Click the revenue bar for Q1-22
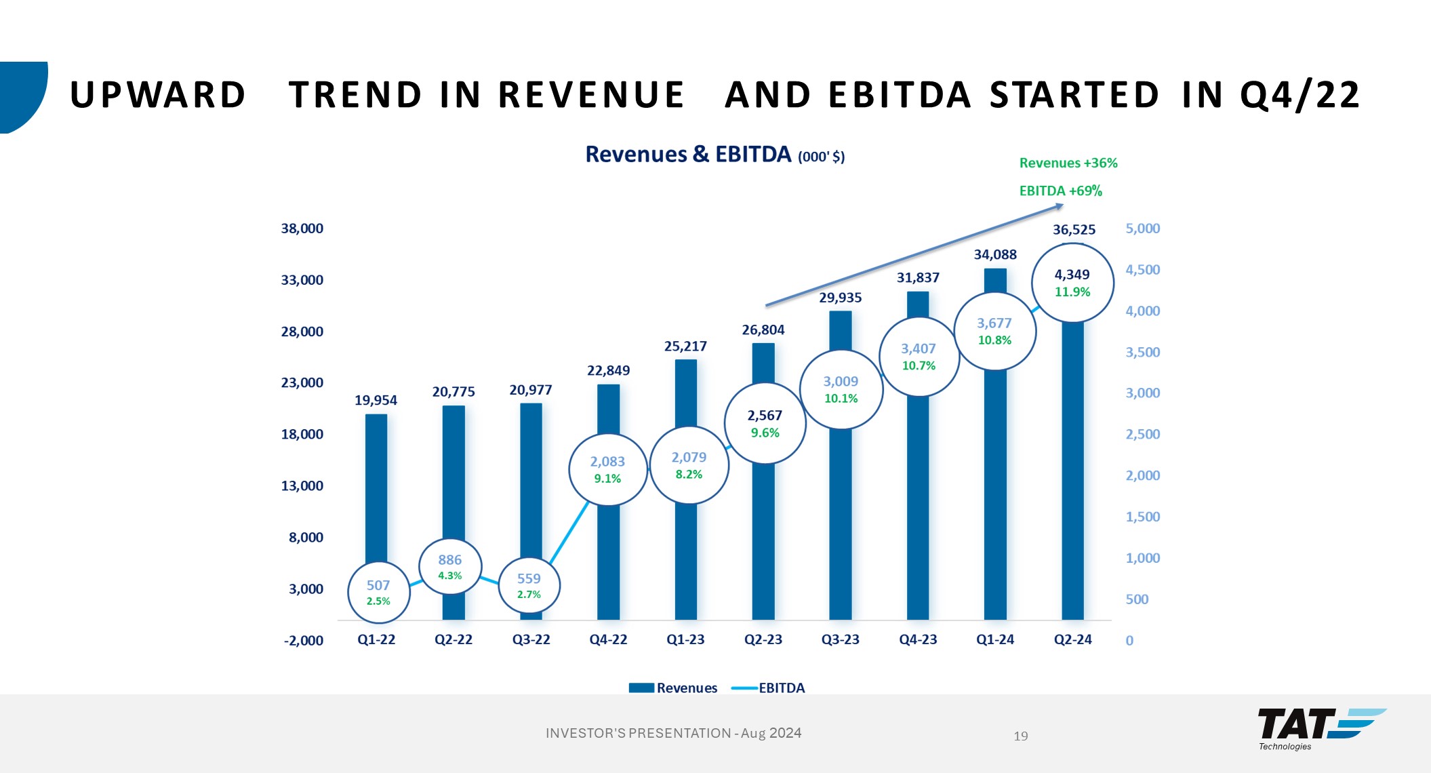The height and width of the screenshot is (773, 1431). (376, 488)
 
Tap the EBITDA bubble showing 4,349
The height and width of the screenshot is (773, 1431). (1072, 283)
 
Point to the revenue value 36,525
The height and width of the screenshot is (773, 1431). (1074, 230)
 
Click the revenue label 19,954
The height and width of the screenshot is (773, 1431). (376, 400)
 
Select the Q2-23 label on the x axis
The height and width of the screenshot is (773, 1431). (763, 639)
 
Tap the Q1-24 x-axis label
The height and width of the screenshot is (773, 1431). (995, 639)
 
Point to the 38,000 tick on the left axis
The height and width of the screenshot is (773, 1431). (302, 229)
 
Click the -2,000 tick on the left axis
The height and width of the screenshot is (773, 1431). (304, 641)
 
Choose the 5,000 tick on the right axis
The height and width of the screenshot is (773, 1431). (1143, 229)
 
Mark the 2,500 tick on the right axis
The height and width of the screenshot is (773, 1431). (1143, 434)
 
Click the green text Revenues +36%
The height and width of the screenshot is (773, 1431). (1068, 163)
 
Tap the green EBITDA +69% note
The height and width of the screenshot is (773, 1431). (1061, 191)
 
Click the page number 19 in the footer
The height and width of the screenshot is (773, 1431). (1021, 736)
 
